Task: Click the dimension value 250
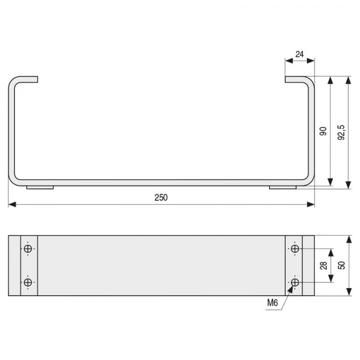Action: [161, 198]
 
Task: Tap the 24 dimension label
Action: [300, 54]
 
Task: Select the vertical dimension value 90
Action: [323, 131]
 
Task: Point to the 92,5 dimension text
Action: [341, 132]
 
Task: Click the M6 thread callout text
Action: [272, 303]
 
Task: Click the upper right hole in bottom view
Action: [295, 249]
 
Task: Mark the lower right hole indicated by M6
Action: [295, 282]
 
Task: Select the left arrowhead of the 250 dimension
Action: [11, 205]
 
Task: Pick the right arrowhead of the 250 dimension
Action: [312, 205]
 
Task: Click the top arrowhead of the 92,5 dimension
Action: [348, 79]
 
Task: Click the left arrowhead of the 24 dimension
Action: [287, 61]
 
